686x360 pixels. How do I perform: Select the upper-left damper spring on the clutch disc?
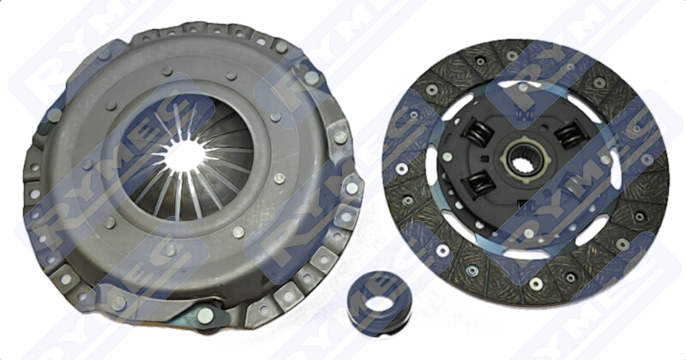[478, 131]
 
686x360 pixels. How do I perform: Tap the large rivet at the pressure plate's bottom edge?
[205, 315]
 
